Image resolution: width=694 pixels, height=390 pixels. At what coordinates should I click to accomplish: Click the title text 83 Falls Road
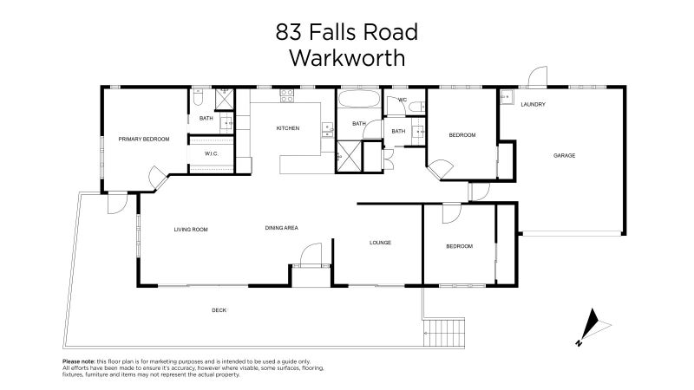point(346,33)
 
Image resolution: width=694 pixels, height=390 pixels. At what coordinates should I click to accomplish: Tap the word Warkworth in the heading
point(346,59)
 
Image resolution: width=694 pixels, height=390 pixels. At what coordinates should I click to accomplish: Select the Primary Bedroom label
point(144,139)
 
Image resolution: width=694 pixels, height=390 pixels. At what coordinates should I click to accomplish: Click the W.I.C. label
point(211,153)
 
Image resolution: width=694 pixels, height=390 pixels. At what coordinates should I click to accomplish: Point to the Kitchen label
point(287,128)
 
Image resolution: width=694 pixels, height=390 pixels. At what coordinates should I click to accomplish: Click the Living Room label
point(191,229)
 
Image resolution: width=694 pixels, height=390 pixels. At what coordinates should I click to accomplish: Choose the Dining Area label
point(282,228)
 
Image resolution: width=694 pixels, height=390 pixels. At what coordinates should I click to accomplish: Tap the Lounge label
point(380,243)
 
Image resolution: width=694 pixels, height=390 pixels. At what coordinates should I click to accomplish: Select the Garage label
point(565,156)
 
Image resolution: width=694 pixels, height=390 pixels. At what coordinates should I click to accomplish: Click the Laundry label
point(533,104)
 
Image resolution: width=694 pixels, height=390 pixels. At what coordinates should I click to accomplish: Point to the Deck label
point(219,310)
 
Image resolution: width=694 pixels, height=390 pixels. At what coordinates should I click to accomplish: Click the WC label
point(403,101)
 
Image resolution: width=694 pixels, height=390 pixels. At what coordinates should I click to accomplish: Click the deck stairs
point(443,331)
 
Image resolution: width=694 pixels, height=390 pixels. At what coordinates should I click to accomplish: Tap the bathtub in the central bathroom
point(357,100)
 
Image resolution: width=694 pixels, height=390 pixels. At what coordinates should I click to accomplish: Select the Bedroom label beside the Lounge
point(459,246)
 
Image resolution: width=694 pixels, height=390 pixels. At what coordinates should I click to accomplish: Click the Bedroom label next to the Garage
point(462,135)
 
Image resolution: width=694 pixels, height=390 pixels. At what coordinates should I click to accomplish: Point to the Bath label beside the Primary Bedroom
point(206,118)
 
